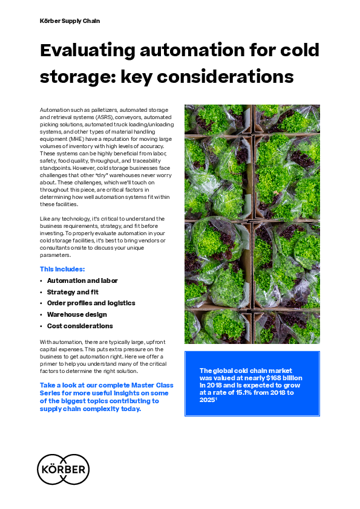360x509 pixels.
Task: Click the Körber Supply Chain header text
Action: pos(70,21)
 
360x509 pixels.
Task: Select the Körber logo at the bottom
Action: pos(63,469)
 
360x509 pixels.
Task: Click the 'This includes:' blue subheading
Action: pos(62,269)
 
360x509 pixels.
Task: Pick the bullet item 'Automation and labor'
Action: pos(82,280)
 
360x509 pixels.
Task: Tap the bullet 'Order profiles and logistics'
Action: pos(91,303)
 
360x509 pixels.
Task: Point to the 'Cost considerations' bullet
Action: pos(80,326)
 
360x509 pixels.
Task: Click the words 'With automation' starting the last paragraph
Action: pos(59,342)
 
